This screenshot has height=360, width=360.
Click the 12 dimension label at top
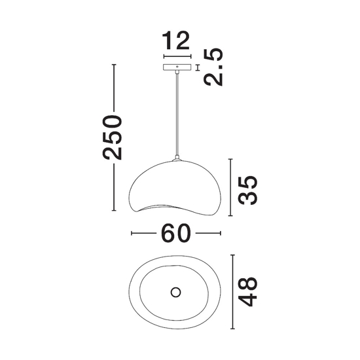176,41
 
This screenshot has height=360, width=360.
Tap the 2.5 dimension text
213,67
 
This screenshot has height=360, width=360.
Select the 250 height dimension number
112,137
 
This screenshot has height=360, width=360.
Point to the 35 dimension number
247,190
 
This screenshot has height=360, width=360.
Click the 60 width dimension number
176,233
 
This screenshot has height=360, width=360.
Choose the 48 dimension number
247,292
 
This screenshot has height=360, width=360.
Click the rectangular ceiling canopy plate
177,67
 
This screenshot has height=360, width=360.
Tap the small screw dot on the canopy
177,66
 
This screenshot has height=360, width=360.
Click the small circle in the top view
175,293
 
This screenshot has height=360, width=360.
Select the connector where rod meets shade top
177,158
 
